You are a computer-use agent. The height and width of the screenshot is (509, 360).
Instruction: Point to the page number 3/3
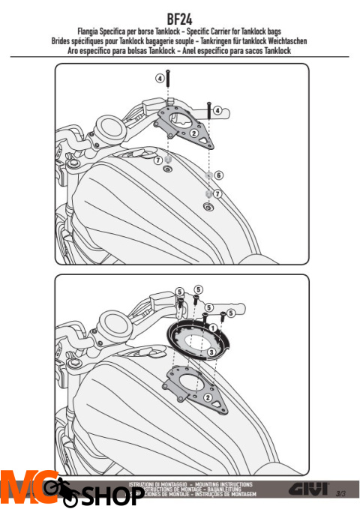click(x=340, y=493)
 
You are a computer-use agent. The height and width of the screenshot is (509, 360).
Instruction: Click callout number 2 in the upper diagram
click(x=193, y=134)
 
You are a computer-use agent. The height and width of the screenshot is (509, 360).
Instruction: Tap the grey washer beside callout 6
click(x=207, y=176)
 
